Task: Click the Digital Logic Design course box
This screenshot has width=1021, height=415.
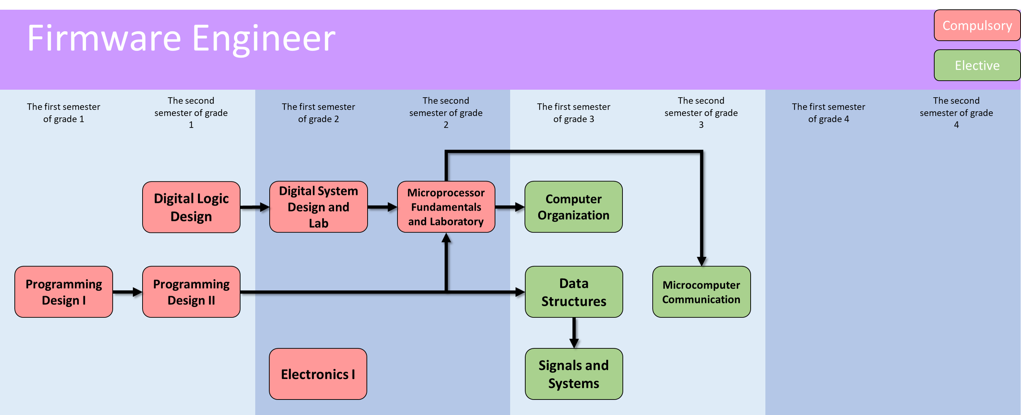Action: point(191,207)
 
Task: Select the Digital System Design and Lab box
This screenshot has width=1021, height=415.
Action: point(318,207)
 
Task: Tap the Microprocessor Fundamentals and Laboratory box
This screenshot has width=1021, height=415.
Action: point(446,207)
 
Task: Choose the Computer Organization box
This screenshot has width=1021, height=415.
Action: point(573,207)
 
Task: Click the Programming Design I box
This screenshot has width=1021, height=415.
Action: point(63,292)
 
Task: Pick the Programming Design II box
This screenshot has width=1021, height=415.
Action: point(191,292)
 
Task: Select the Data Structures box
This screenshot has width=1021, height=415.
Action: point(574,292)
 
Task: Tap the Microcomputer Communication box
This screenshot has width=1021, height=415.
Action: point(701,292)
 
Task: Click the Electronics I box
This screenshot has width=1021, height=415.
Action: point(318,374)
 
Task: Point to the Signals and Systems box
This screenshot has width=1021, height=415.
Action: point(574,374)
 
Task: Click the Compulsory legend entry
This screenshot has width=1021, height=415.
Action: point(977,25)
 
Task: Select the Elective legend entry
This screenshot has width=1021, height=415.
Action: point(977,65)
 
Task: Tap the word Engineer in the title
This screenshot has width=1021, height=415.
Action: point(264,39)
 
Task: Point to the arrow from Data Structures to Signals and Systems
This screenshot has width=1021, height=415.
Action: point(574,333)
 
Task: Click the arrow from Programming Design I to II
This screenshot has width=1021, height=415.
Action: point(127,292)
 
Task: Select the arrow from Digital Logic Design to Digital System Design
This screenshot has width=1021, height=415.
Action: point(255,207)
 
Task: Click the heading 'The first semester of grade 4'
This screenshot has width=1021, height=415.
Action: point(828,113)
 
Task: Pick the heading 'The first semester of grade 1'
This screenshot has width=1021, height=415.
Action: point(63,113)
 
